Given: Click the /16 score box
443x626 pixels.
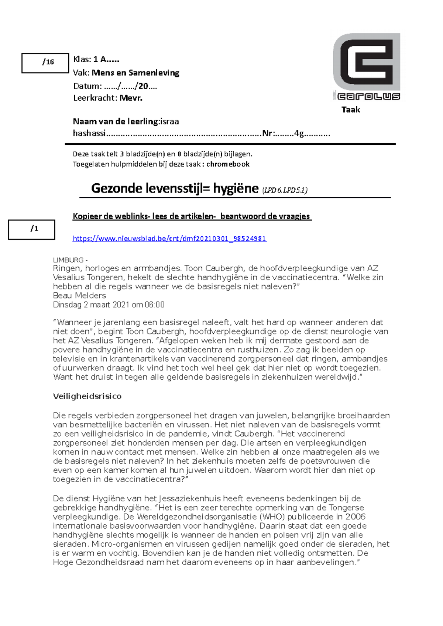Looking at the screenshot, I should click(45, 63).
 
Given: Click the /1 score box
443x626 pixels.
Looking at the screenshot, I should click(32, 230).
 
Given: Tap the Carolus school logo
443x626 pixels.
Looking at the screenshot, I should click(366, 67).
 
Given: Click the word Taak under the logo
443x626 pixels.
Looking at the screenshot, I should click(350, 109).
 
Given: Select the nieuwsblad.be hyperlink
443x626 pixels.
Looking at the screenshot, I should click(169, 239).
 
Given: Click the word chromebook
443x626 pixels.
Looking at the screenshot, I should click(228, 164).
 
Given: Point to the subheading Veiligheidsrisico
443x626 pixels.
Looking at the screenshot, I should click(87, 396).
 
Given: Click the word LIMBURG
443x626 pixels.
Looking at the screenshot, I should click(68, 260).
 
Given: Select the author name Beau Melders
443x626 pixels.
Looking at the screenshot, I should click(79, 295).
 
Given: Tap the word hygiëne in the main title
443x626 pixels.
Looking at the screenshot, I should click(236, 188).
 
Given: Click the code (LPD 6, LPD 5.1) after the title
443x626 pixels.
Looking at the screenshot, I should click(285, 190).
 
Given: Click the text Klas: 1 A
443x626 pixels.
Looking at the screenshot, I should click(96, 59).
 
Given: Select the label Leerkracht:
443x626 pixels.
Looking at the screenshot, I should click(95, 98).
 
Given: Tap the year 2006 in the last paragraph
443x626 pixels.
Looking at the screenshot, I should click(355, 517).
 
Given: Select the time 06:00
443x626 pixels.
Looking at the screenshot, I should click(155, 305).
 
